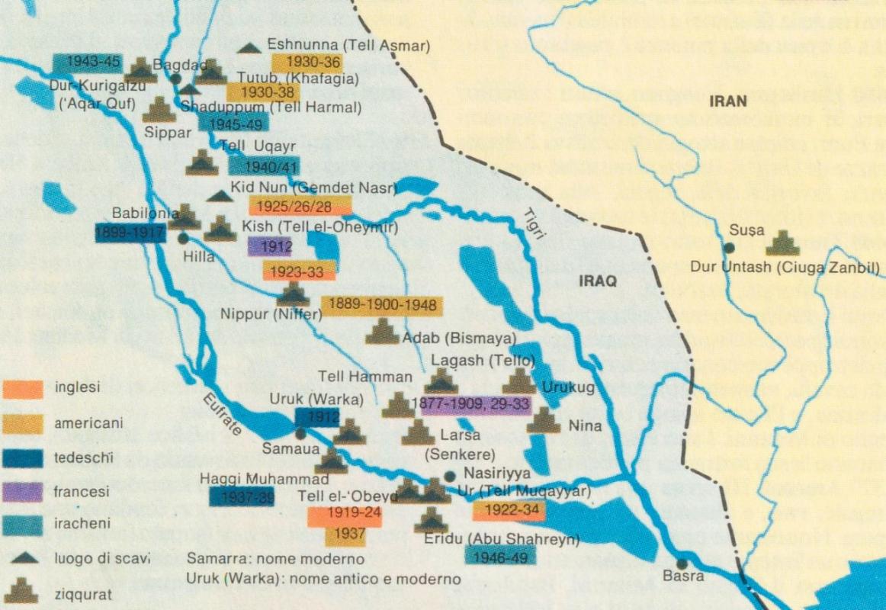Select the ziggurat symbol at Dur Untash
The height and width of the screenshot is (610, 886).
click(782, 243)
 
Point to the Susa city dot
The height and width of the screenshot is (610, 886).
click(730, 247)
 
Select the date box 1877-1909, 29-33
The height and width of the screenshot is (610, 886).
click(476, 403)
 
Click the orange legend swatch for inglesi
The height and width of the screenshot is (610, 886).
click(23, 389)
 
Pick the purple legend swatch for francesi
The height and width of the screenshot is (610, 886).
click(23, 493)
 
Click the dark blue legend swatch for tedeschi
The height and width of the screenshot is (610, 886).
click(23, 457)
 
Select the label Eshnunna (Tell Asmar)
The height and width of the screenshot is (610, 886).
click(348, 46)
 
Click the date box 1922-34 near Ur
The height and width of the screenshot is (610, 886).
click(509, 510)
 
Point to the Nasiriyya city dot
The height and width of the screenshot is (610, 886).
click(449, 476)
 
